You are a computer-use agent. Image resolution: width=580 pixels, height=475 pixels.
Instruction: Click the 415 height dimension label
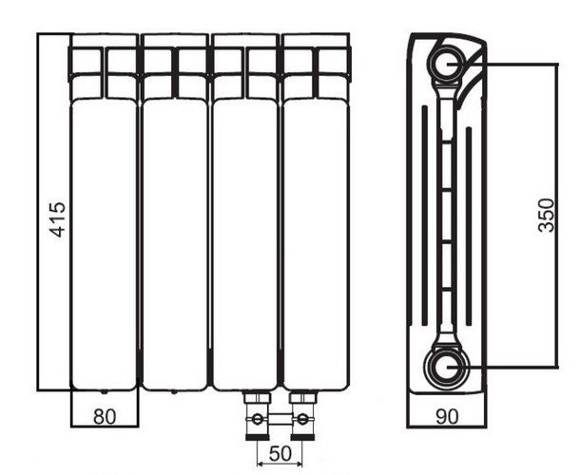(57, 219)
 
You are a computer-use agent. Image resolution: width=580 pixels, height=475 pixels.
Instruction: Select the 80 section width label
(105, 417)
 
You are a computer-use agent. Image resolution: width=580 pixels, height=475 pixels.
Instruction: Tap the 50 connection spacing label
(280, 454)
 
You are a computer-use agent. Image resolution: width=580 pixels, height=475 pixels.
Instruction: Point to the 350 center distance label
(547, 216)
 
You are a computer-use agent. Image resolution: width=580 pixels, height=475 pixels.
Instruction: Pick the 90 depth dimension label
(447, 417)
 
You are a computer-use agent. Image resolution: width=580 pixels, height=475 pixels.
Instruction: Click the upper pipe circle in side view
(447, 64)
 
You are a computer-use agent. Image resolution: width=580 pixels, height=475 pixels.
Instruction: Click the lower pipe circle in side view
(447, 367)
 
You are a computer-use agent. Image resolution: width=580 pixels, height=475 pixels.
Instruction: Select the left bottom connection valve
(258, 416)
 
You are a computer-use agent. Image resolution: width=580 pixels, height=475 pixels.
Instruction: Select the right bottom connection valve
(302, 416)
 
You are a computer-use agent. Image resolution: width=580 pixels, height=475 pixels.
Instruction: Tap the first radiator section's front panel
(104, 244)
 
